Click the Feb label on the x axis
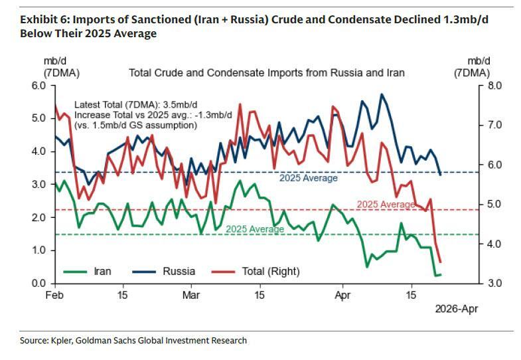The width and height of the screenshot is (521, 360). click(54, 294)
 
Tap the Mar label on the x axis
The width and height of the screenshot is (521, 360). click(191, 294)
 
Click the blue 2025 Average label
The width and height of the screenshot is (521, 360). click(308, 178)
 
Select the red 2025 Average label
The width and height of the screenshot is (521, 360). click(386, 204)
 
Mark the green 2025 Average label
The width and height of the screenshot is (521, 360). click(255, 229)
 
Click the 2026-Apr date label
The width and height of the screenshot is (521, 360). click(456, 309)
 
